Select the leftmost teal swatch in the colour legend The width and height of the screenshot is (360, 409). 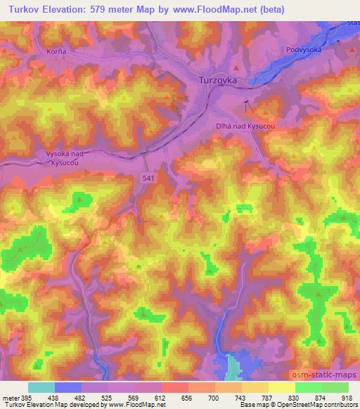pyautogui.click(x=41, y=387)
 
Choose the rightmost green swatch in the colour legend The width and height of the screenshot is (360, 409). pyautogui.click(x=335, y=387)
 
